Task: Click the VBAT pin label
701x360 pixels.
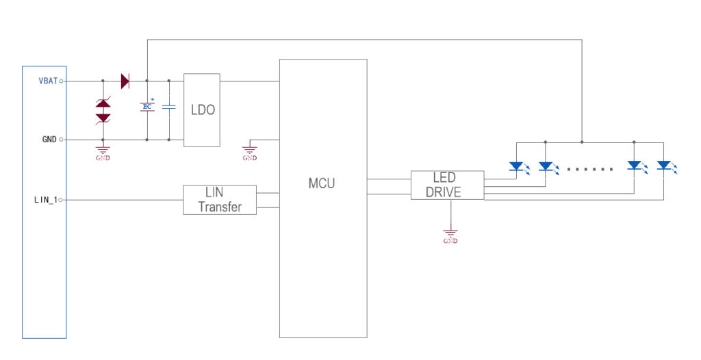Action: coord(48,81)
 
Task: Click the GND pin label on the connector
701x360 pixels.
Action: coord(49,140)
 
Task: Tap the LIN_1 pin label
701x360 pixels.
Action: coord(47,200)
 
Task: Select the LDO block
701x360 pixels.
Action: coord(201,110)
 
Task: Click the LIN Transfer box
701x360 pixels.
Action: coord(220,200)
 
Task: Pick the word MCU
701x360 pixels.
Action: coord(322,183)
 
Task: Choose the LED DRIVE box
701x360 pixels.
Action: coord(447,185)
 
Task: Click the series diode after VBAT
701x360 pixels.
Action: coord(125,81)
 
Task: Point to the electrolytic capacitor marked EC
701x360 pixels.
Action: coord(147,106)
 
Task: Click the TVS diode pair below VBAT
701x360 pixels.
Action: coord(103,110)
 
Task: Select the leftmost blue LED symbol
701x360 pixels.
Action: coord(517,166)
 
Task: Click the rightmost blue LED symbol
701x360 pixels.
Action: coord(663,166)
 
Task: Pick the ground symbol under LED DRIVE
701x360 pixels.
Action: coord(450,235)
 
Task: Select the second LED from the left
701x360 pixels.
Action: coord(546,166)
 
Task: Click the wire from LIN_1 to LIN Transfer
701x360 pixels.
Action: coord(123,200)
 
